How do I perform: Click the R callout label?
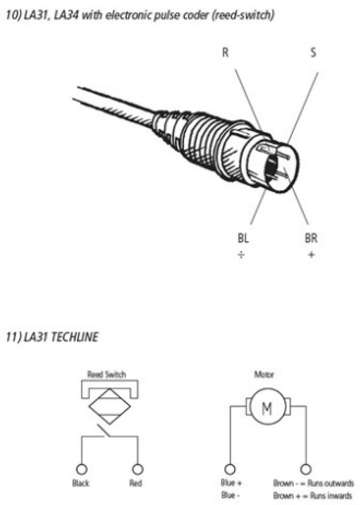(x=225, y=52)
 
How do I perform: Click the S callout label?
(x=313, y=52)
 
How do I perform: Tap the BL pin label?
(x=243, y=238)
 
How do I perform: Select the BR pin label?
(x=311, y=238)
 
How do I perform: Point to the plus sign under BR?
(x=311, y=255)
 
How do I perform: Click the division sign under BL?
(x=241, y=255)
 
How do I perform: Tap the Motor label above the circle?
(x=264, y=374)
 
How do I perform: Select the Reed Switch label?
(x=106, y=374)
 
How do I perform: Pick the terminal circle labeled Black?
(x=81, y=469)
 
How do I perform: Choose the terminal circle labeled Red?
(x=137, y=469)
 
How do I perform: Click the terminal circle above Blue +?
(x=230, y=469)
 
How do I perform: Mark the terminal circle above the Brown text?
(x=305, y=469)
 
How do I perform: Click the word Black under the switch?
(x=81, y=483)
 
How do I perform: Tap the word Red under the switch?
(x=135, y=483)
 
